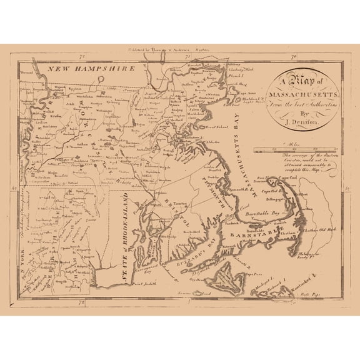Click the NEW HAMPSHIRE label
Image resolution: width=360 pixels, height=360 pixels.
coord(93,69)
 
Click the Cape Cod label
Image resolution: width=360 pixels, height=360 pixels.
coord(312,185)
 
